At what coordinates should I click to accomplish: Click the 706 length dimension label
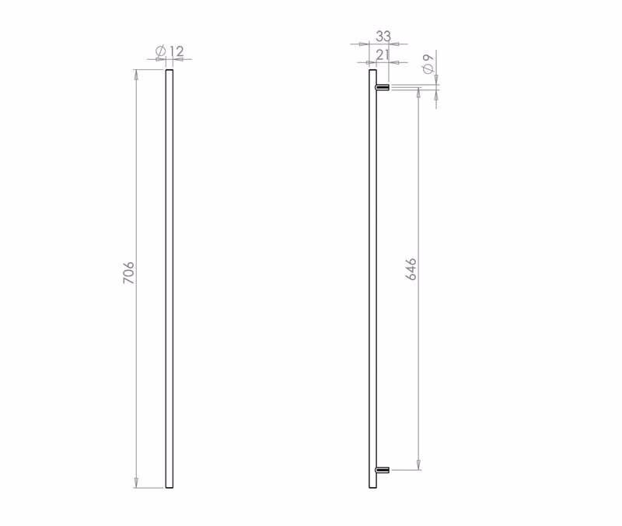coord(128,272)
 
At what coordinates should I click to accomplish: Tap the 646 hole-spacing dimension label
coord(411,268)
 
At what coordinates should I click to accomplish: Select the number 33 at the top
coord(383,36)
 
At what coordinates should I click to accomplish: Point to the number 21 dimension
coord(383,54)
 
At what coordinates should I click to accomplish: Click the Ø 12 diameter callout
coord(169,51)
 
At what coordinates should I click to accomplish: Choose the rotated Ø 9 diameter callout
coord(428,64)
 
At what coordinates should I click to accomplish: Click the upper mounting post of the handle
coord(383,87)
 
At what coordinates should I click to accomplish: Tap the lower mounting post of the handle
coord(383,470)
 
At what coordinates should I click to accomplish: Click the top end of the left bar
coord(169,70)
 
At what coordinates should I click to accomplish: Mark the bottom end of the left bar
coord(169,487)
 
